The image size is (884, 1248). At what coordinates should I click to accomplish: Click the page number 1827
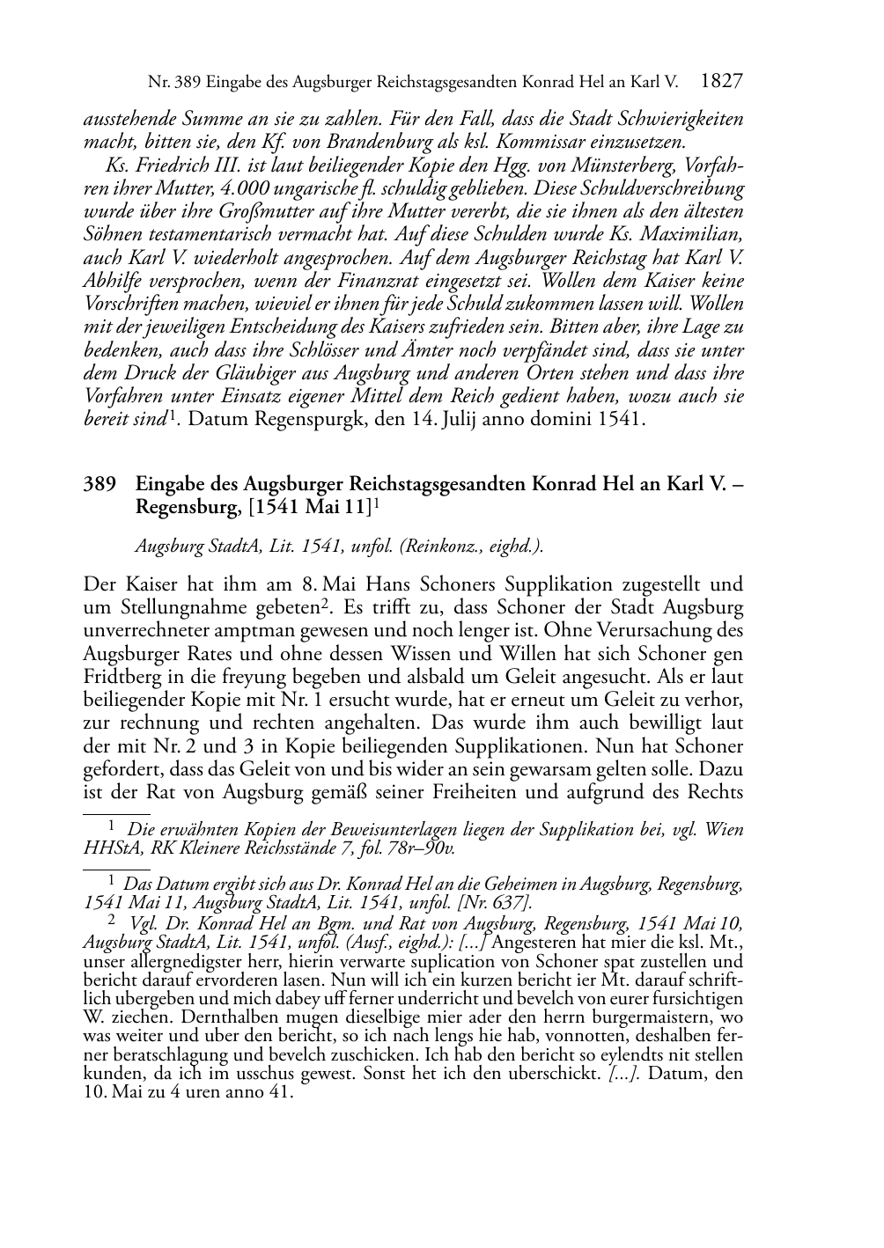tap(723, 82)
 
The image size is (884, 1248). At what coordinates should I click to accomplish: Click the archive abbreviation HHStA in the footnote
tap(108, 848)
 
